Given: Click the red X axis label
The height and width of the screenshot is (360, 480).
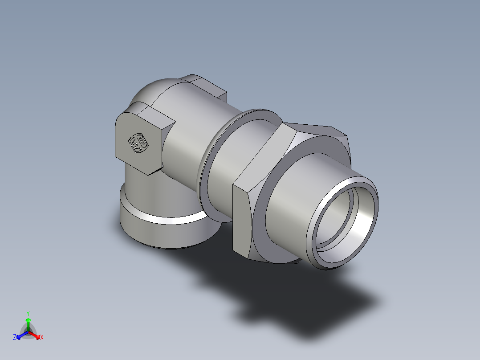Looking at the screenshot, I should point(42,338).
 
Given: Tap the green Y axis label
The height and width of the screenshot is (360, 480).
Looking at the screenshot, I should point(28,313).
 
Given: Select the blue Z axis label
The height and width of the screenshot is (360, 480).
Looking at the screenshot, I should point(15,338).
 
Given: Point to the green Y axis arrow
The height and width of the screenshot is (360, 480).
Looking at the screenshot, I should point(28,323).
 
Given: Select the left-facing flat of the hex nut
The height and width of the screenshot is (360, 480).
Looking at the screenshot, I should point(243,218).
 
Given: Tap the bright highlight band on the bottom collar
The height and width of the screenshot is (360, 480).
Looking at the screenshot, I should point(169,220).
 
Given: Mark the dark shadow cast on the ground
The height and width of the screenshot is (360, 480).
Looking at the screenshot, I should point(289,303).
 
